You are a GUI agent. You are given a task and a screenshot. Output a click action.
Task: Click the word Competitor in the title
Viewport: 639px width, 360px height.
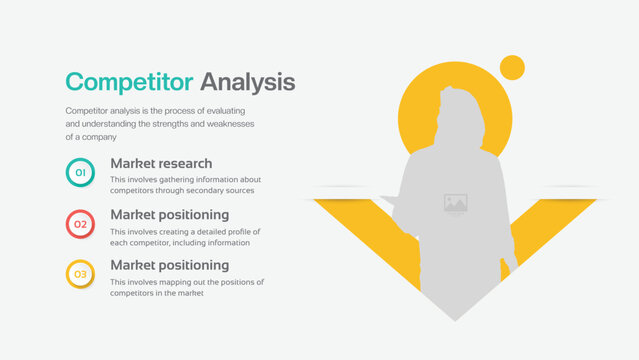(x=129, y=81)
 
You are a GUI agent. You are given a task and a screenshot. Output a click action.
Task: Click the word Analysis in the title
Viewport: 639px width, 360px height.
(x=247, y=81)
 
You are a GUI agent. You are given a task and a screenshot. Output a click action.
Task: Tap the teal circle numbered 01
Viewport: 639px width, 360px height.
(x=80, y=173)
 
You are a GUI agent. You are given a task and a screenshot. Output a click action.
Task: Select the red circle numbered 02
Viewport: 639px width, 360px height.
(x=80, y=224)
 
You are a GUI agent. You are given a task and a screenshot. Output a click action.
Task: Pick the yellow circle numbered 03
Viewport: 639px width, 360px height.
(x=80, y=274)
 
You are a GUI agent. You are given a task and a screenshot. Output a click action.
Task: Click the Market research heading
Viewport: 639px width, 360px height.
(x=161, y=163)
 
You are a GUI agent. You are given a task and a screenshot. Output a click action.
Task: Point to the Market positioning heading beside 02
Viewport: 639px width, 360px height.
(x=169, y=214)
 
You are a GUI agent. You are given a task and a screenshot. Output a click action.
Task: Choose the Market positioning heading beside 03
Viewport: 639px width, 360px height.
(x=169, y=265)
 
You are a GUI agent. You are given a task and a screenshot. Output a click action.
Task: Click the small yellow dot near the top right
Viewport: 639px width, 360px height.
(x=512, y=68)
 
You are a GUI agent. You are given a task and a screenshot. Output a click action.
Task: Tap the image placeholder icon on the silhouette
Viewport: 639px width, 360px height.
(x=455, y=204)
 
